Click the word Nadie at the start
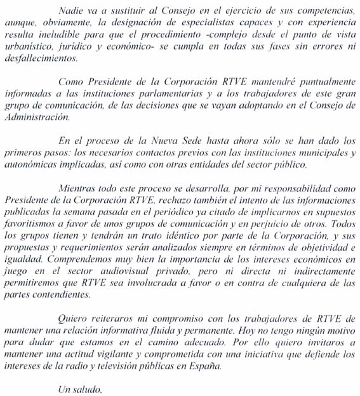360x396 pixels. click(69, 10)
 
